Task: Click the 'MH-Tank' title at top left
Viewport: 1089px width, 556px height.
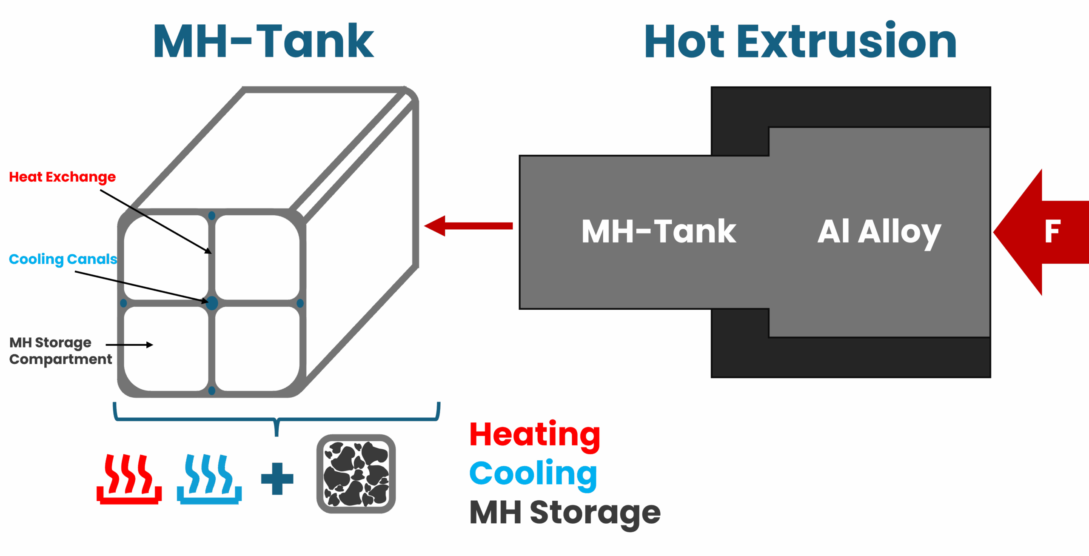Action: [263, 41]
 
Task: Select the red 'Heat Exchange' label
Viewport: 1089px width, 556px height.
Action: [62, 177]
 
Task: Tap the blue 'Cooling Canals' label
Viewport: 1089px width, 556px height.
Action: [63, 259]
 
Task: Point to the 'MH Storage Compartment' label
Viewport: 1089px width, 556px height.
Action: [60, 351]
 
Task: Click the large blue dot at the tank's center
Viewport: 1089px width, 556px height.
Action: [212, 303]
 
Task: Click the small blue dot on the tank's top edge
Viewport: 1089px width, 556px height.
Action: [212, 216]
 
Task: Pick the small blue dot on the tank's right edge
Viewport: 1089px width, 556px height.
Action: [300, 303]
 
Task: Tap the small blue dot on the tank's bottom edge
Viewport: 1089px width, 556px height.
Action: [212, 390]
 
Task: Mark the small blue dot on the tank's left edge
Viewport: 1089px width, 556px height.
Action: [123, 303]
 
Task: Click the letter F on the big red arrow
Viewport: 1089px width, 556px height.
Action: [1052, 232]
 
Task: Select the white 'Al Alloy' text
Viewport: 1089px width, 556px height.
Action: [879, 233]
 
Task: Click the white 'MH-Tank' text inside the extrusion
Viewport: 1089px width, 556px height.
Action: [659, 232]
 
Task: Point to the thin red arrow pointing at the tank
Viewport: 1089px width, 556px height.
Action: [468, 226]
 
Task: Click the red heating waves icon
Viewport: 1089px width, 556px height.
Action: [129, 479]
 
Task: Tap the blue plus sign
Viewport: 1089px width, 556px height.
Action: [277, 479]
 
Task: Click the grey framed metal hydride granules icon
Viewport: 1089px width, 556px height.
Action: [356, 474]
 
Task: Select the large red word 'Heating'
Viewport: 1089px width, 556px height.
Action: [535, 436]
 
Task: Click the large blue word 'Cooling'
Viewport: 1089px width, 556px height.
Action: [533, 475]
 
